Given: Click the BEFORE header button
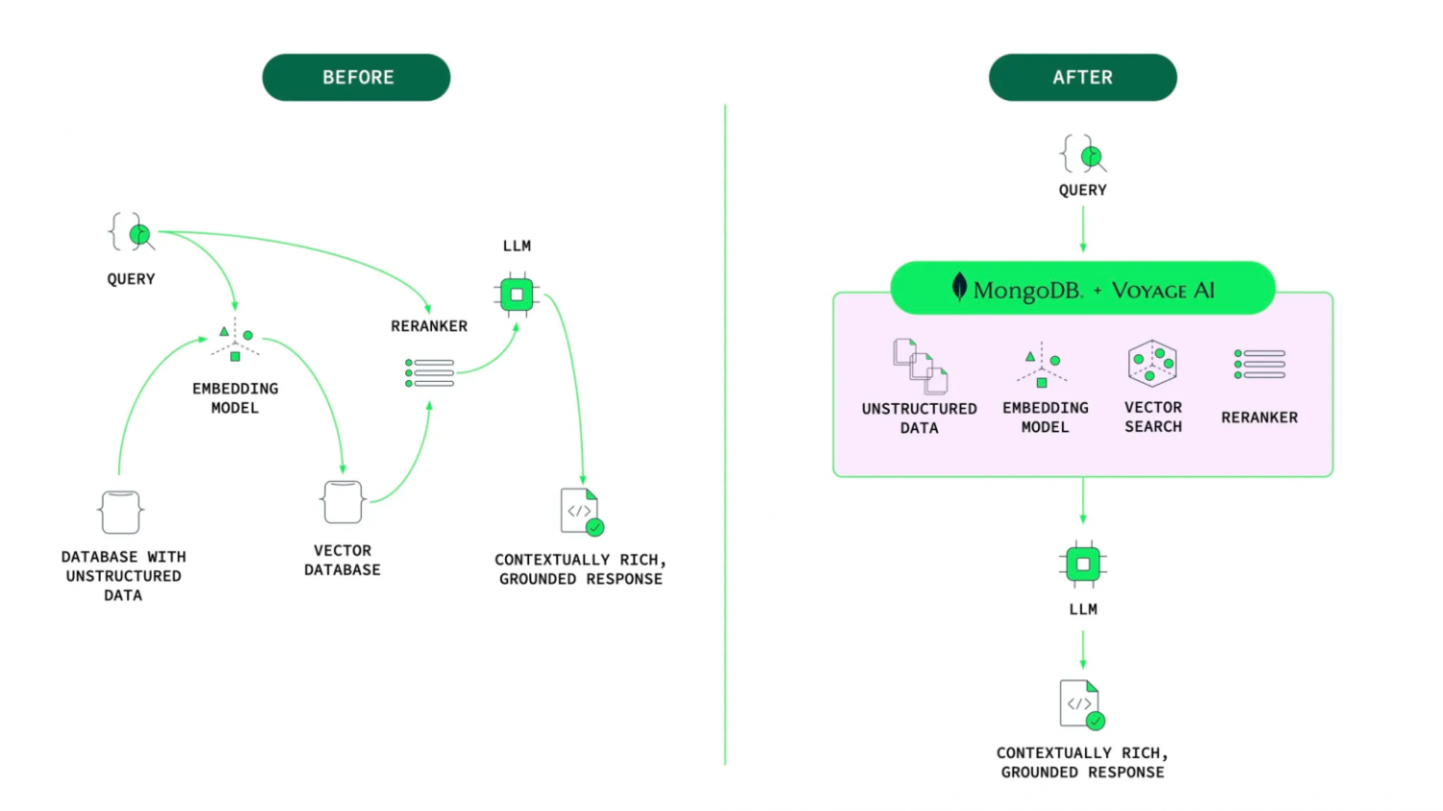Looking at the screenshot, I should (356, 77).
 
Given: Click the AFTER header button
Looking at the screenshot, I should (1082, 77).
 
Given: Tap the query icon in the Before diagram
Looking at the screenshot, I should (132, 233).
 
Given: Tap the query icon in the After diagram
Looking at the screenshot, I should (1083, 155).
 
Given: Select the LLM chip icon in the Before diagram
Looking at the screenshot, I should (517, 294).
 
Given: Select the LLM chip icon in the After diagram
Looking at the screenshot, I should (1083, 564).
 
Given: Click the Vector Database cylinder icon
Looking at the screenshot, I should (342, 502).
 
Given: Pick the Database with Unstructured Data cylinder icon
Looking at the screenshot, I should (121, 512).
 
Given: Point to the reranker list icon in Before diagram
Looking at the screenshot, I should (429, 373).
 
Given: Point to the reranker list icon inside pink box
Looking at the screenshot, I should (1259, 365).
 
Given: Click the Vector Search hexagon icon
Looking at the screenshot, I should (1152, 363).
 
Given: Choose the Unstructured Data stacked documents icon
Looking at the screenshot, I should (921, 367).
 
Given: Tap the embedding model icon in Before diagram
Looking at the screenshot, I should (235, 342).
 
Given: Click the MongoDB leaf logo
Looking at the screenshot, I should (959, 287).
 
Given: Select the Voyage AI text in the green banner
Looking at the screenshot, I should (1163, 291).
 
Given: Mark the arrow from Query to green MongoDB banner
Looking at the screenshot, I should (1083, 229).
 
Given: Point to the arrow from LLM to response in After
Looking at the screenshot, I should (1083, 649).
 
